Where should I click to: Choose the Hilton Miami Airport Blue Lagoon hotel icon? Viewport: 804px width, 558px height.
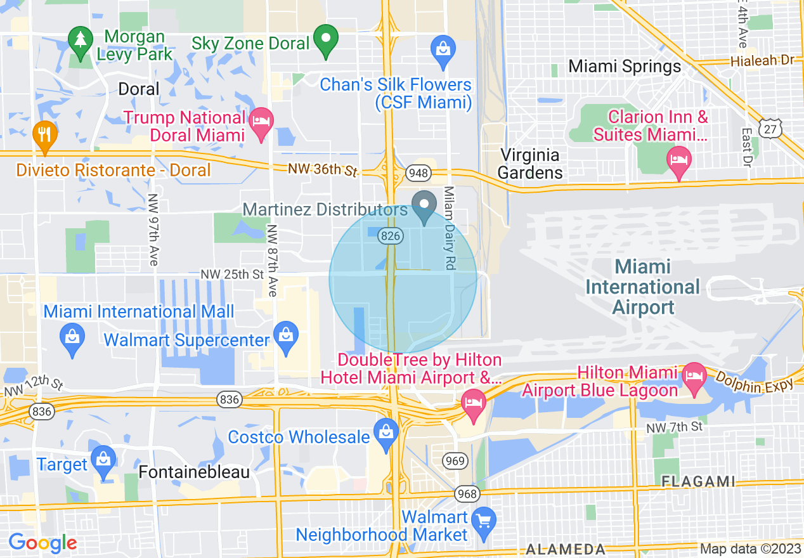[694, 376]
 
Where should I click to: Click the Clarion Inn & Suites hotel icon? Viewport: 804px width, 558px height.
[679, 158]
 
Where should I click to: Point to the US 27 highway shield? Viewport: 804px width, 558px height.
[770, 129]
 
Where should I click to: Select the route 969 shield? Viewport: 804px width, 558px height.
[455, 461]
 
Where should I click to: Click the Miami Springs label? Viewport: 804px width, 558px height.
[625, 66]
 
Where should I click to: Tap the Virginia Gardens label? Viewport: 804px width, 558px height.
[529, 164]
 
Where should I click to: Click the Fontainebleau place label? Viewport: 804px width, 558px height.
[194, 472]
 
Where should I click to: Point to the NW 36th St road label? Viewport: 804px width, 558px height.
[322, 169]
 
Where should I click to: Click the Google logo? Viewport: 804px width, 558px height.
[42, 543]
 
